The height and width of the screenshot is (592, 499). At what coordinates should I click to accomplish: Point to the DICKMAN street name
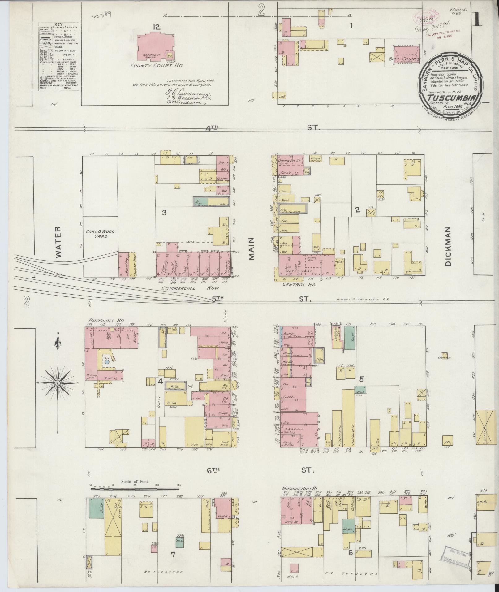point(449,246)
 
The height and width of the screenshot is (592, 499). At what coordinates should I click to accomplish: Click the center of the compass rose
point(58,383)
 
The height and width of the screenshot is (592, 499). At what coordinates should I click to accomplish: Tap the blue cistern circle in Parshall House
point(107,361)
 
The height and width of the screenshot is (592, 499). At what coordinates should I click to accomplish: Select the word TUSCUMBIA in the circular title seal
point(450,97)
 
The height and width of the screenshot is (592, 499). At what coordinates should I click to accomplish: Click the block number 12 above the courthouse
point(156,27)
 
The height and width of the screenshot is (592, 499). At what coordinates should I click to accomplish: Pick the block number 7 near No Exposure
point(173,555)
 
